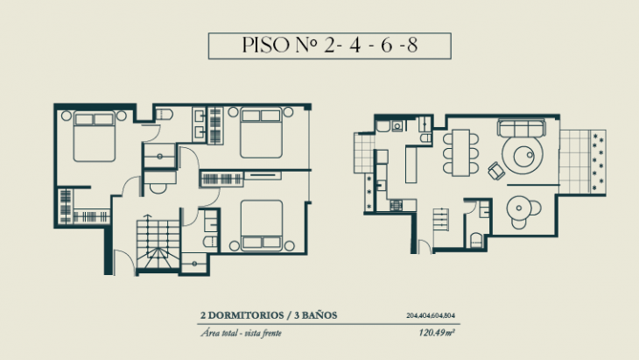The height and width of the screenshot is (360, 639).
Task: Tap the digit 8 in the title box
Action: [x=435, y=46]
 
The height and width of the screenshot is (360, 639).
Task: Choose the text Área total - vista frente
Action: [x=242, y=334]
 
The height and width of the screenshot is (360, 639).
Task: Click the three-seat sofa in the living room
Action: [x=522, y=130]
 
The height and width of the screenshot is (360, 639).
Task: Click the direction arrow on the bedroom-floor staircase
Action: [x=158, y=255]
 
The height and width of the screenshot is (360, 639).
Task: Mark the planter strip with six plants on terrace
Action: [x=599, y=162]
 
